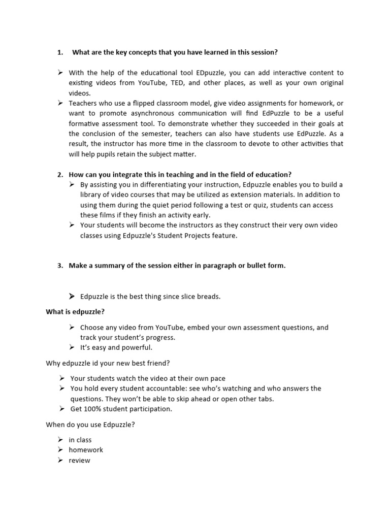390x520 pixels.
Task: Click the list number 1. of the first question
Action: pos(60,52)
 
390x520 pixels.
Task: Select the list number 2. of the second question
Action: pos(60,174)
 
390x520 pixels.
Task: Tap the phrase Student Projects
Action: pos(181,235)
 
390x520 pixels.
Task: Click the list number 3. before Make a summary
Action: pos(60,266)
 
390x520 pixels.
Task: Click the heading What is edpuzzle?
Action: pos(75,312)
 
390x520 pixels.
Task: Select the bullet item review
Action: pos(80,460)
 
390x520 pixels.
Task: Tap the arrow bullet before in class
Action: pos(60,439)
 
